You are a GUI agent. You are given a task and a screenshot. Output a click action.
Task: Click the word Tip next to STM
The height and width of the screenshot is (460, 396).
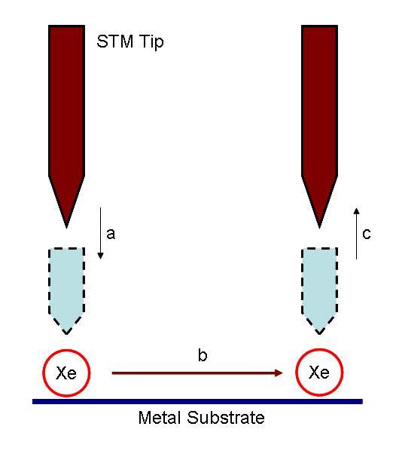pyautogui.click(x=151, y=42)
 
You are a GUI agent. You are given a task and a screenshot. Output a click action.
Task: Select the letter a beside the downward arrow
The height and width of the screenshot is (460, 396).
pyautogui.click(x=111, y=234)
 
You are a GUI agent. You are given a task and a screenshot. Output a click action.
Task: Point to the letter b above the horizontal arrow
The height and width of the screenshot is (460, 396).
pyautogui.click(x=203, y=355)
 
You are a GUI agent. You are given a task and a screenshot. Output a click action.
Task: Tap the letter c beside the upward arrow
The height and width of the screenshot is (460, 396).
pyautogui.click(x=367, y=234)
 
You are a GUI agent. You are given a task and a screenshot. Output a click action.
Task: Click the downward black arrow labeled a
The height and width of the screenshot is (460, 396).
pyautogui.click(x=100, y=233)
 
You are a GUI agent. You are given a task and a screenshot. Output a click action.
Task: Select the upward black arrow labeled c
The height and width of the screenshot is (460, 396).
pyautogui.click(x=356, y=233)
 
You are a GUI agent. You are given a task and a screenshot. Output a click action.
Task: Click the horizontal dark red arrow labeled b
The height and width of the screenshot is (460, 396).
pyautogui.click(x=197, y=373)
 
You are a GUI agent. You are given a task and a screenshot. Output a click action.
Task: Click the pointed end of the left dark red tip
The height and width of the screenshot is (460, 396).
pyautogui.click(x=66, y=228)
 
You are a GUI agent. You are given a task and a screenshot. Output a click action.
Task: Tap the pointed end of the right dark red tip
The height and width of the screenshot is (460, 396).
pyautogui.click(x=319, y=228)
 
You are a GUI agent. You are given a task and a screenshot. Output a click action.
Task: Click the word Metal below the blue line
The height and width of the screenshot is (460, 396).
pyautogui.click(x=160, y=418)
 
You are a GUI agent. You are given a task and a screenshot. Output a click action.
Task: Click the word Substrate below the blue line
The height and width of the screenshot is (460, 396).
pyautogui.click(x=226, y=418)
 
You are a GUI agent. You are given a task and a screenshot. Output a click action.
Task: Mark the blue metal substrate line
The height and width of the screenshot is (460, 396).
pyautogui.click(x=197, y=401)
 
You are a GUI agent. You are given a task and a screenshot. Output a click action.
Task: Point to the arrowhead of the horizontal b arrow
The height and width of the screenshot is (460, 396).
pyautogui.click(x=279, y=373)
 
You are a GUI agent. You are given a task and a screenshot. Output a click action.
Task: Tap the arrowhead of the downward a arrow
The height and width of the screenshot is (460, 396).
pyautogui.click(x=100, y=256)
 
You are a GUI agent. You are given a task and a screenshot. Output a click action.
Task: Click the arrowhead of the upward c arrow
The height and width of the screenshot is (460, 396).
pyautogui.click(x=356, y=211)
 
